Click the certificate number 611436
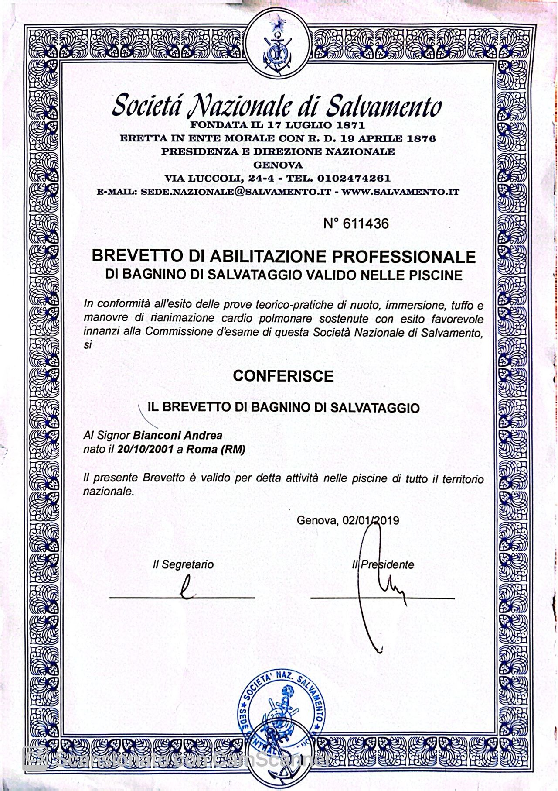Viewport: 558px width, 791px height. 365,224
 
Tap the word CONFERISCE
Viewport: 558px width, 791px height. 283,376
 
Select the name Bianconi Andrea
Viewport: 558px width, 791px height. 177,435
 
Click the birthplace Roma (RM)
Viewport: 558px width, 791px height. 215,450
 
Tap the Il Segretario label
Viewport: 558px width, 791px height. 183,564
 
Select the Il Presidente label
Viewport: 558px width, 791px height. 383,564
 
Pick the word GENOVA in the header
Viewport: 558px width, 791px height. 278,165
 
